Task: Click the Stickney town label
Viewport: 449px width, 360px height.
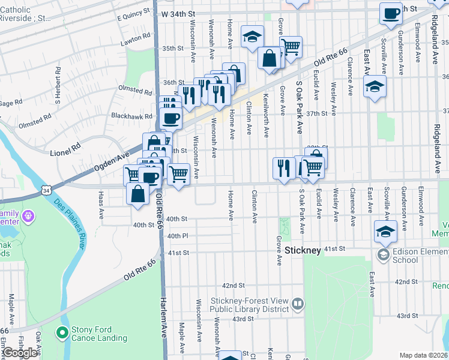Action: coord(304,250)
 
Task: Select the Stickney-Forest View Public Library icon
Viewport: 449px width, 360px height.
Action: coord(297,304)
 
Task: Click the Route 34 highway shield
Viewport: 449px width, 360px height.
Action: coord(46,190)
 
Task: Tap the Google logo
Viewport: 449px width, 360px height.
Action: coord(20,353)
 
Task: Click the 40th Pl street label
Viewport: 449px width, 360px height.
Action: coord(178,236)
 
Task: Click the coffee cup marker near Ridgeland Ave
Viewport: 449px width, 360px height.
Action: coord(391,14)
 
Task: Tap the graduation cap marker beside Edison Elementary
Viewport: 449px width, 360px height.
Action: coord(385,231)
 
